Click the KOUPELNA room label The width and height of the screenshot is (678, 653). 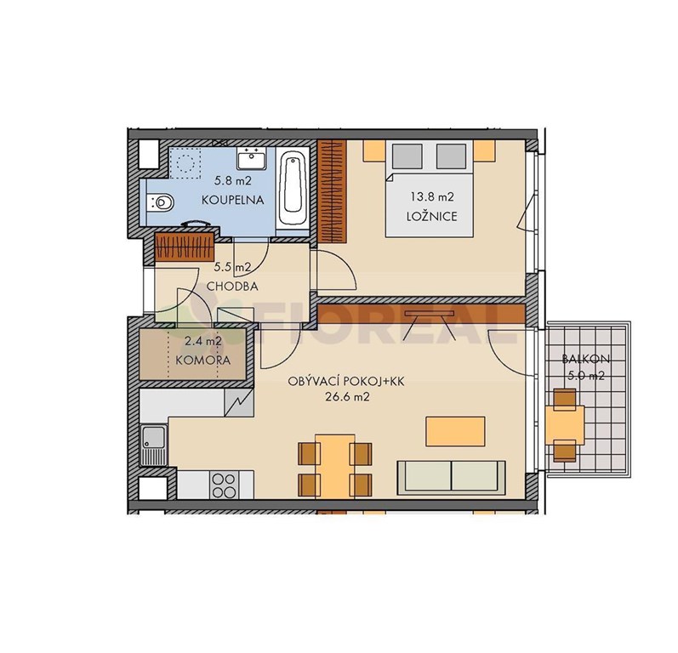point(232,200)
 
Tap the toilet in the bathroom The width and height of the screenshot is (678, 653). point(160,202)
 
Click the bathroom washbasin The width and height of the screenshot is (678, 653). point(251,158)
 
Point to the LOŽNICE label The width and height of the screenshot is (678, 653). point(431,216)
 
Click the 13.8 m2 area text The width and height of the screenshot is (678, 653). point(432,197)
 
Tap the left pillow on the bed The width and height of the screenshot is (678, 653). point(407,156)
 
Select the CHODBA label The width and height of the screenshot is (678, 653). point(232,286)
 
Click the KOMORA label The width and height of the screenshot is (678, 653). point(202,360)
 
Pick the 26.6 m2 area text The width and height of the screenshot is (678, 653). point(347,397)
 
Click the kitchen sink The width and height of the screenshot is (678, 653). point(153,446)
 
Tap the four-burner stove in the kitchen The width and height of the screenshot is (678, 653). point(225,485)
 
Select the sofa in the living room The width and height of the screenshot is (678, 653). point(451,478)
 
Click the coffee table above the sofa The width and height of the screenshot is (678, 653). point(455,431)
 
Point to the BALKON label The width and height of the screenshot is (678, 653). point(585,358)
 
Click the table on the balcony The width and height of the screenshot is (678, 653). point(565,425)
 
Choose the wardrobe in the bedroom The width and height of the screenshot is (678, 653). point(332,191)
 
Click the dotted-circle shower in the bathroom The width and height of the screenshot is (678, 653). point(185,163)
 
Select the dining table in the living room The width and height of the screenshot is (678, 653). point(335,467)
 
